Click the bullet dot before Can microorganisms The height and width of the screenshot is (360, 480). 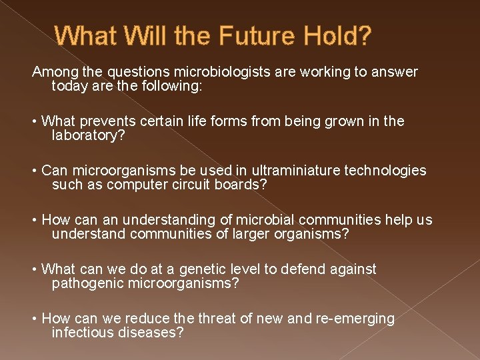[35, 171]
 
